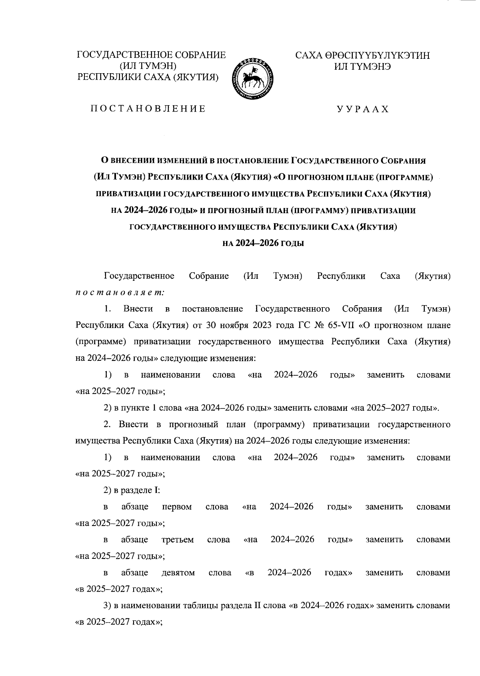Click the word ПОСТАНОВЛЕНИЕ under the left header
(x=148, y=109)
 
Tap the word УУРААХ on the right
(x=362, y=109)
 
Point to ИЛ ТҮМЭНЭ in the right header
(x=362, y=66)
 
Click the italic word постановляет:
(x=120, y=292)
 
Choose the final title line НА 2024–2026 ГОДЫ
(x=263, y=243)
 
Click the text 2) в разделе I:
(x=132, y=490)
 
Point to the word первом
(x=177, y=507)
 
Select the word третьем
(x=178, y=540)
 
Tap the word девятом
(x=178, y=573)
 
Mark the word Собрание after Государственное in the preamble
(x=209, y=276)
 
